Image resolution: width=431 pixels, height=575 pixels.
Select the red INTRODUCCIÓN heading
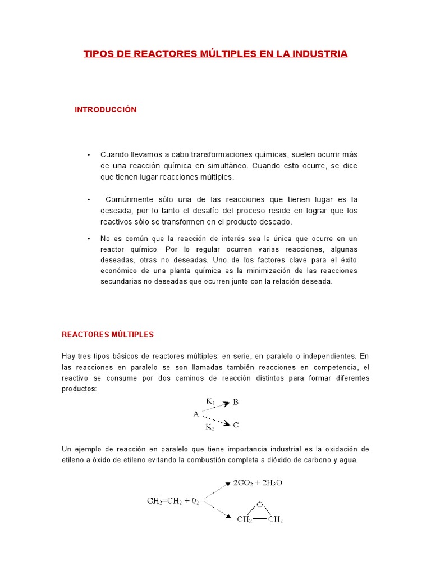[106, 110]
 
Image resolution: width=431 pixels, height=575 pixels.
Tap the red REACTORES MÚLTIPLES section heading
[107, 335]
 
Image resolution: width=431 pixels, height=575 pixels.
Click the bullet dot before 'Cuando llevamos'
[89, 155]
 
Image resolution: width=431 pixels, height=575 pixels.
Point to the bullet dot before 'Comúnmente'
[89, 200]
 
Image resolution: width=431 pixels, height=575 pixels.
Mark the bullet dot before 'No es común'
[89, 239]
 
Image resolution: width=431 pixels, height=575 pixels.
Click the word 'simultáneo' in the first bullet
[227, 166]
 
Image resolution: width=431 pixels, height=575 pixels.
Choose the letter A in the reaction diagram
[196, 414]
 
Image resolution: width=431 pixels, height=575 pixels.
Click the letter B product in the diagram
[236, 402]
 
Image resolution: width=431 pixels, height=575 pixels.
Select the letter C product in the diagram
[236, 425]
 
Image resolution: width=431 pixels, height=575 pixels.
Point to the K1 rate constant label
[210, 401]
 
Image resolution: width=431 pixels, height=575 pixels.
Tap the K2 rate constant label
[210, 427]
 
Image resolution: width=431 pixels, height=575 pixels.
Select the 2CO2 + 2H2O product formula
[258, 482]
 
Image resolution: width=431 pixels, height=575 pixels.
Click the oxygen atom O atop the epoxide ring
[259, 504]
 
